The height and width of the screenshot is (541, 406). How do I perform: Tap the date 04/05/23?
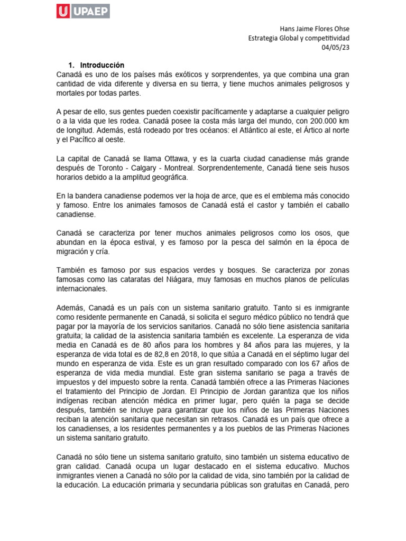(336, 47)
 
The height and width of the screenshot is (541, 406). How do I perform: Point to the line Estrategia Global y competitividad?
(299, 38)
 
